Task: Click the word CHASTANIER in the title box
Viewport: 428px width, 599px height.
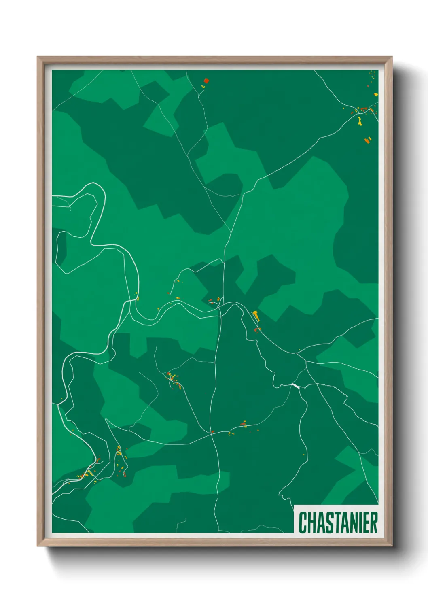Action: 338,523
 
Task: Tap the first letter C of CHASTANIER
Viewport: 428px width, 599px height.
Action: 303,523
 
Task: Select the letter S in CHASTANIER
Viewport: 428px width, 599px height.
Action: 328,523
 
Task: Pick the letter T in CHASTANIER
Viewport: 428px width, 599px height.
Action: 336,523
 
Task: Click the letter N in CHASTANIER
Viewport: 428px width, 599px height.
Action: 352,523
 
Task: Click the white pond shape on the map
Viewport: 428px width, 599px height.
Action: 295,386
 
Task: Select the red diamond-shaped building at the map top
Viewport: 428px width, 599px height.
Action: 206,81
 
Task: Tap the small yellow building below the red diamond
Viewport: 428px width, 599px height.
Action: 203,87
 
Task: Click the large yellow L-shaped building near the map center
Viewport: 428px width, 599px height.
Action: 256,315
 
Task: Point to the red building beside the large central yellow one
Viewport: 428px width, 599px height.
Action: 255,330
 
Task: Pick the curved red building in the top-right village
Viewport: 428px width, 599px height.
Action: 364,108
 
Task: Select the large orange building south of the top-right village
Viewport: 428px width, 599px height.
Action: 367,140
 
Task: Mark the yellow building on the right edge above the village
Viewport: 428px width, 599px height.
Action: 376,94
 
